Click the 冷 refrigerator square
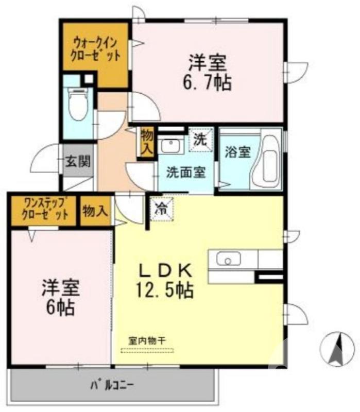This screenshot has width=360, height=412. pos(161,209)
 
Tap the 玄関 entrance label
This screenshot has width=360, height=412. pos(78,162)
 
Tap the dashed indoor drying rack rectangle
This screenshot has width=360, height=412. pos(148,351)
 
